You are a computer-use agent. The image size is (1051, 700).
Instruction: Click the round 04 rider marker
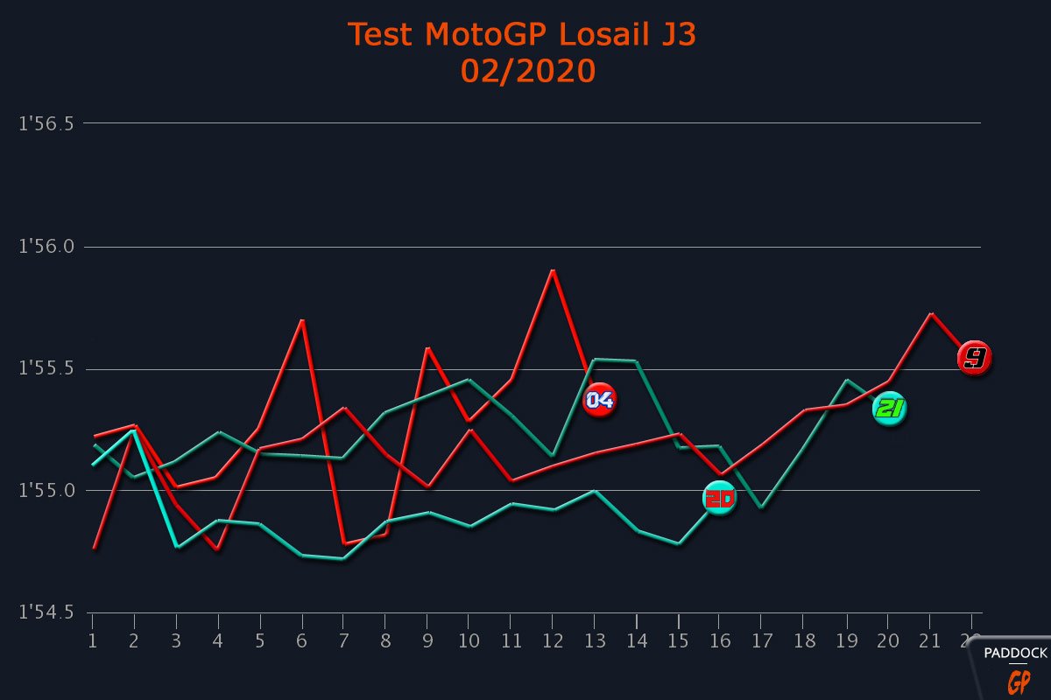click(599, 400)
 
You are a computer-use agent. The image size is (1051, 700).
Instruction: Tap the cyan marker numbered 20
click(720, 498)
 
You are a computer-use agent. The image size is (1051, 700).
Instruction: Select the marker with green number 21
click(889, 409)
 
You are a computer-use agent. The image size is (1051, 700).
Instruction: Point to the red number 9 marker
click(974, 358)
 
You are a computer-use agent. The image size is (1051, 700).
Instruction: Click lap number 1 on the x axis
click(92, 641)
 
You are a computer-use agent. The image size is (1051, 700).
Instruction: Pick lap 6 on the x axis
click(301, 641)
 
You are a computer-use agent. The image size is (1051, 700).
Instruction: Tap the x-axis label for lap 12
click(552, 641)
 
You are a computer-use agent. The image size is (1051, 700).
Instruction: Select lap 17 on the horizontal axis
click(761, 641)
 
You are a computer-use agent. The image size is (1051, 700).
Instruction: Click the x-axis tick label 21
click(929, 641)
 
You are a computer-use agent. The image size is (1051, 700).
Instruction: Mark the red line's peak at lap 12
click(553, 270)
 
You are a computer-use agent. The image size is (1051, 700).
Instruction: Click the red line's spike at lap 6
click(302, 320)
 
